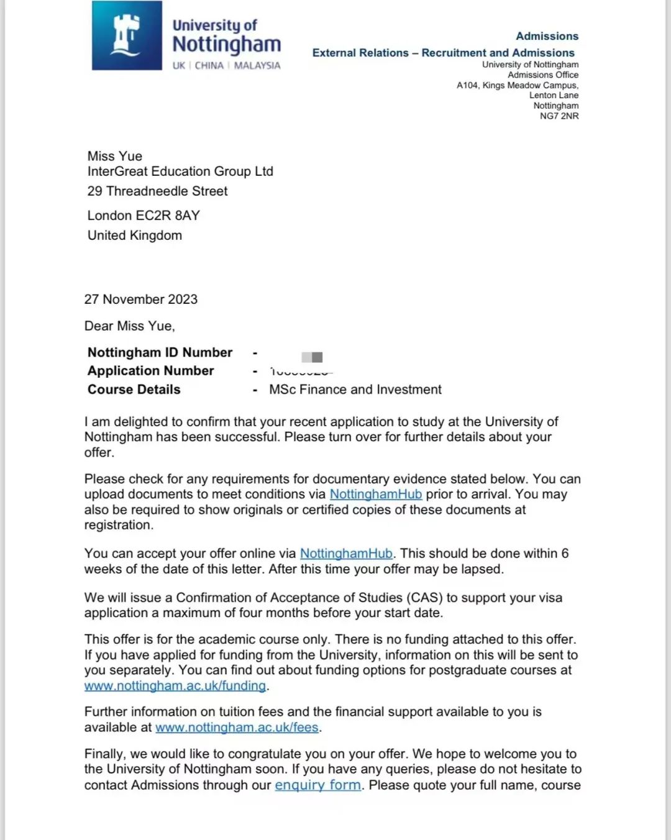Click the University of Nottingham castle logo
(127, 35)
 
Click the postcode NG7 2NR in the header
(559, 116)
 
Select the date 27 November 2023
(141, 299)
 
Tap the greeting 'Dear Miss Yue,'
(130, 326)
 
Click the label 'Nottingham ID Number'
(160, 353)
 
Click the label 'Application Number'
(150, 371)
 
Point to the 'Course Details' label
(134, 390)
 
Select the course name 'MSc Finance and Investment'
(355, 390)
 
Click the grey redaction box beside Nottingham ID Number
(312, 357)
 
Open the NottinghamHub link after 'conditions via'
(375, 495)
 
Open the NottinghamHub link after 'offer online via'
(346, 554)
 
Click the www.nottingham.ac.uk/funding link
(175, 686)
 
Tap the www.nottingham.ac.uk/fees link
(237, 728)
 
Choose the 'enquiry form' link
(317, 785)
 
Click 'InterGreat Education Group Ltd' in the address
(180, 171)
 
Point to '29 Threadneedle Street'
(157, 191)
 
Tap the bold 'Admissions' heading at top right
(547, 36)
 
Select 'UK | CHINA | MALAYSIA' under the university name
(226, 65)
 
